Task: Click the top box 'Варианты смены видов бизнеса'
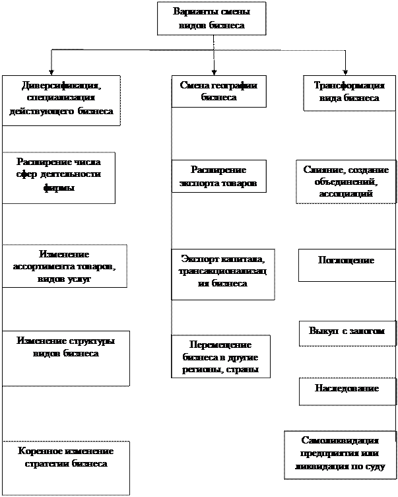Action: pyautogui.click(x=211, y=18)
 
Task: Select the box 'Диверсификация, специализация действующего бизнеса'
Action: pyautogui.click(x=61, y=99)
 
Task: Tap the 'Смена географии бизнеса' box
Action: pyautogui.click(x=218, y=91)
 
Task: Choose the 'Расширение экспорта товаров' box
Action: pyautogui.click(x=218, y=176)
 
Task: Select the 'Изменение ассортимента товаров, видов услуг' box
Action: pyautogui.click(x=63, y=266)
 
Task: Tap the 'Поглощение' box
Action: pyautogui.click(x=346, y=261)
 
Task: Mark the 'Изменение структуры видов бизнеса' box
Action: pyautogui.click(x=65, y=357)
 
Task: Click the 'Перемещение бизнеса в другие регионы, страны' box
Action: pyautogui.click(x=220, y=357)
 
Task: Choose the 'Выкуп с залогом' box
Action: pyautogui.click(x=346, y=332)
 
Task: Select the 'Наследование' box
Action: pyautogui.click(x=347, y=389)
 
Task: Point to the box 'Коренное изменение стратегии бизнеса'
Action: pyautogui.click(x=65, y=467)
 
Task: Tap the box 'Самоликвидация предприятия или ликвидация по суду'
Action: pyautogui.click(x=339, y=455)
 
